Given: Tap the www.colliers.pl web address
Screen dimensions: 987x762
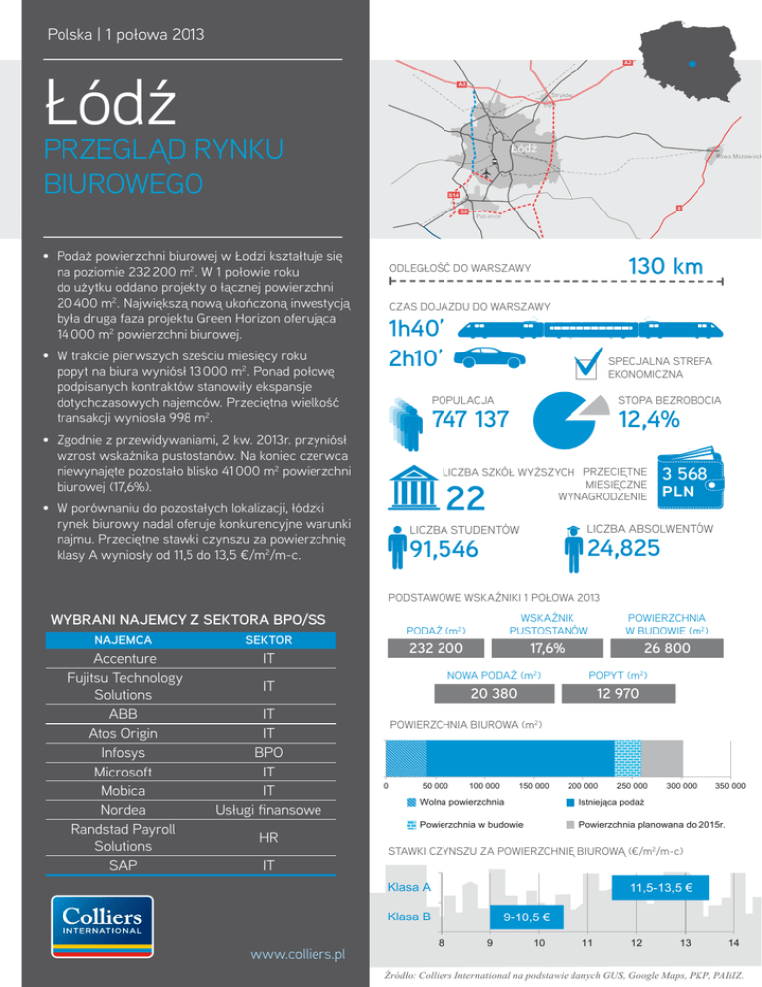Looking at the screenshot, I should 297,955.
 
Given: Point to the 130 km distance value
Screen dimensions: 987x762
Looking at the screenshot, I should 666,266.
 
